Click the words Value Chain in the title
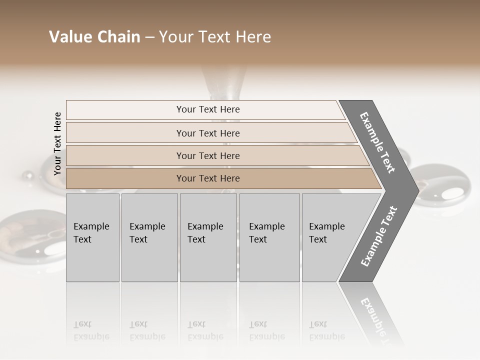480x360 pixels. [94, 37]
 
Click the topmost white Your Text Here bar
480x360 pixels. [207, 109]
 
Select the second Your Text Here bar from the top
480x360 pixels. [207, 133]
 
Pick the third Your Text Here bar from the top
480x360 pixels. [207, 155]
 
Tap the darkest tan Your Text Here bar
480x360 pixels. [207, 178]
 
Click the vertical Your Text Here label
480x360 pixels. [57, 143]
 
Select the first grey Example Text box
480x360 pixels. [92, 237]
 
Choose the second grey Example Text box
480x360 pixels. [149, 237]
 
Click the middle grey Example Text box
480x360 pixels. [208, 237]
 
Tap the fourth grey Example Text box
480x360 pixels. [269, 237]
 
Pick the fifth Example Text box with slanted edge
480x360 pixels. [330, 237]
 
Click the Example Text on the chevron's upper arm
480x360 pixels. [377, 142]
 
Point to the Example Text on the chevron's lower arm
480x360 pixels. [378, 236]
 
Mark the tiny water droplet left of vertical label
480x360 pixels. [28, 175]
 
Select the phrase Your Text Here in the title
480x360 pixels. [215, 37]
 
